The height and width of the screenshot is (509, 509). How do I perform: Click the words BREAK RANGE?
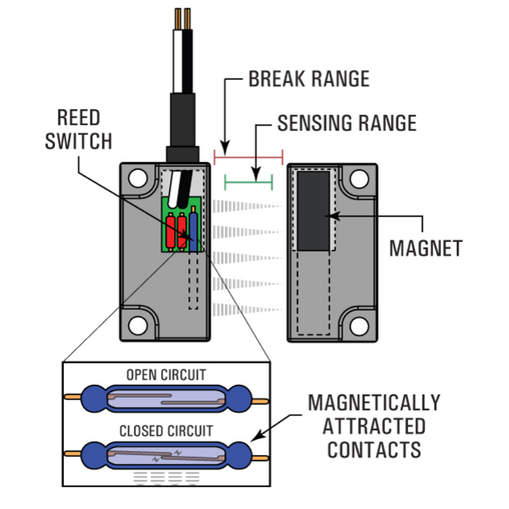click(x=309, y=79)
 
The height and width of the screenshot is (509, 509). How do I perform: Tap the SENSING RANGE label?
click(x=347, y=122)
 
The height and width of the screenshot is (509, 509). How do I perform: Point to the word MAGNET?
click(x=426, y=248)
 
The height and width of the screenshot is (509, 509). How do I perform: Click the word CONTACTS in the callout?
click(x=374, y=449)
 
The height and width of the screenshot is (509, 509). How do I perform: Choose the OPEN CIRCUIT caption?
click(x=166, y=374)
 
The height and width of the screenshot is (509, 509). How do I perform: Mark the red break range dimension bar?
click(x=249, y=156)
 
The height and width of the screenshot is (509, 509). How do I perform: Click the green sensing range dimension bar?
click(x=249, y=183)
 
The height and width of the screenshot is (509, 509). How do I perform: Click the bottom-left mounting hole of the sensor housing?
click(x=137, y=325)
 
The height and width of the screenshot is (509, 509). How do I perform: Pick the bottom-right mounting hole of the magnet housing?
click(x=359, y=325)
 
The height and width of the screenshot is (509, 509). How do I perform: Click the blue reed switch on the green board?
click(x=193, y=232)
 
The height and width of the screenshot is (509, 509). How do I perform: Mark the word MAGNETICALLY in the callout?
click(x=374, y=403)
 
